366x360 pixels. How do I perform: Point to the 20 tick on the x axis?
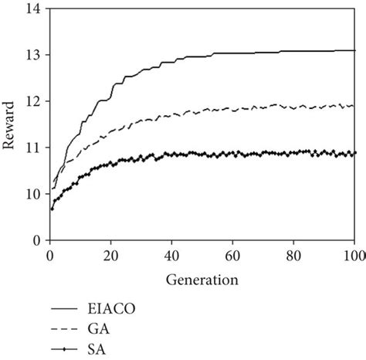click(x=110, y=253)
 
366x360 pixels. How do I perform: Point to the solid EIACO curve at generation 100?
click(x=354, y=50)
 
